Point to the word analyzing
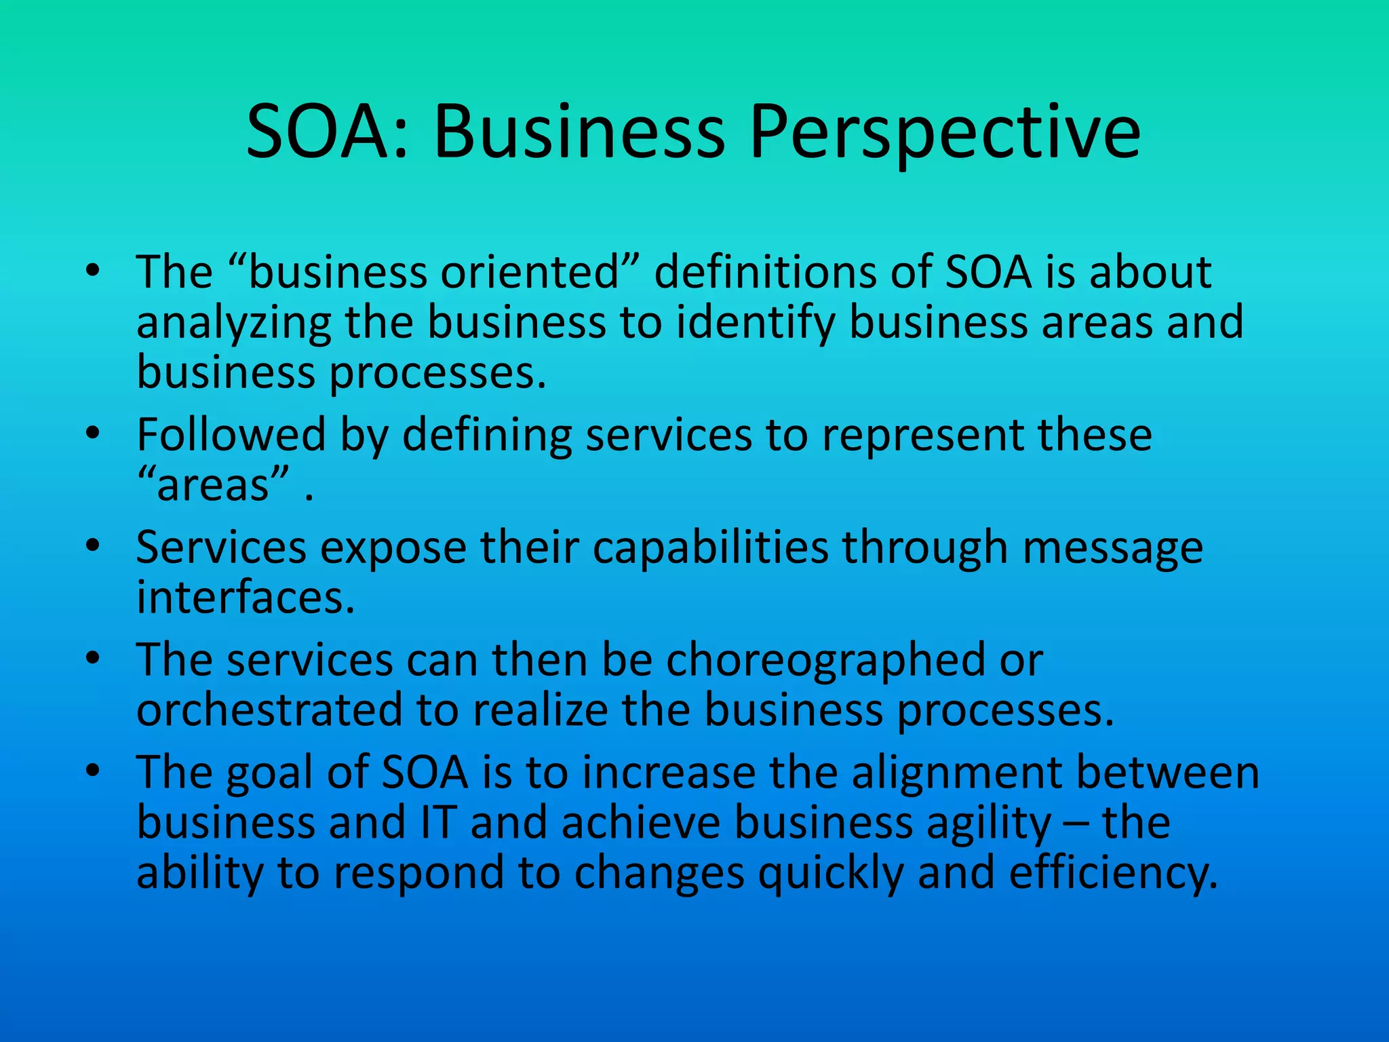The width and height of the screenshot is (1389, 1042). point(233,323)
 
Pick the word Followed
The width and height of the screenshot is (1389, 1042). point(231,435)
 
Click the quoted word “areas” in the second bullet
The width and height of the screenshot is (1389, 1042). point(214,485)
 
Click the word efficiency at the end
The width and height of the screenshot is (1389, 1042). point(1112,873)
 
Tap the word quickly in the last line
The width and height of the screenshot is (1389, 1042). point(830,873)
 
